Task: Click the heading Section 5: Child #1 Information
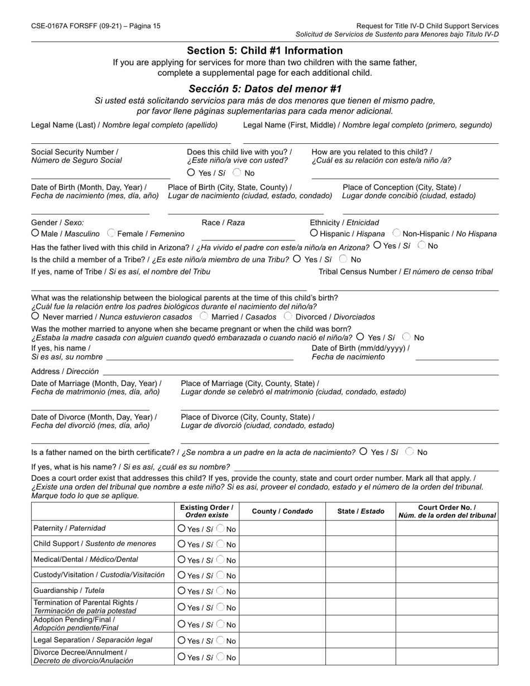[x=264, y=51]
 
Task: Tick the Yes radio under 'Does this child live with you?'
[x=191, y=173]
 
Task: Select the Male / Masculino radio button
[x=35, y=233]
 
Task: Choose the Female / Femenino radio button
[x=111, y=233]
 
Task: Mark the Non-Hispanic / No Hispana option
[x=397, y=233]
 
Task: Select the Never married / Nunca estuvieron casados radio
[x=35, y=316]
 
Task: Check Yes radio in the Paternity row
[x=181, y=528]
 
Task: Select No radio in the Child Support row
[x=221, y=544]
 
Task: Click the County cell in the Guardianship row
[x=283, y=591]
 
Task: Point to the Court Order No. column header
[x=447, y=511]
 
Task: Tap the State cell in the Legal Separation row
[x=360, y=640]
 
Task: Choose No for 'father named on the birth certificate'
[x=410, y=452]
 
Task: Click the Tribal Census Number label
[x=406, y=272]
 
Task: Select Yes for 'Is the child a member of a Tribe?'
[x=296, y=259]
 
